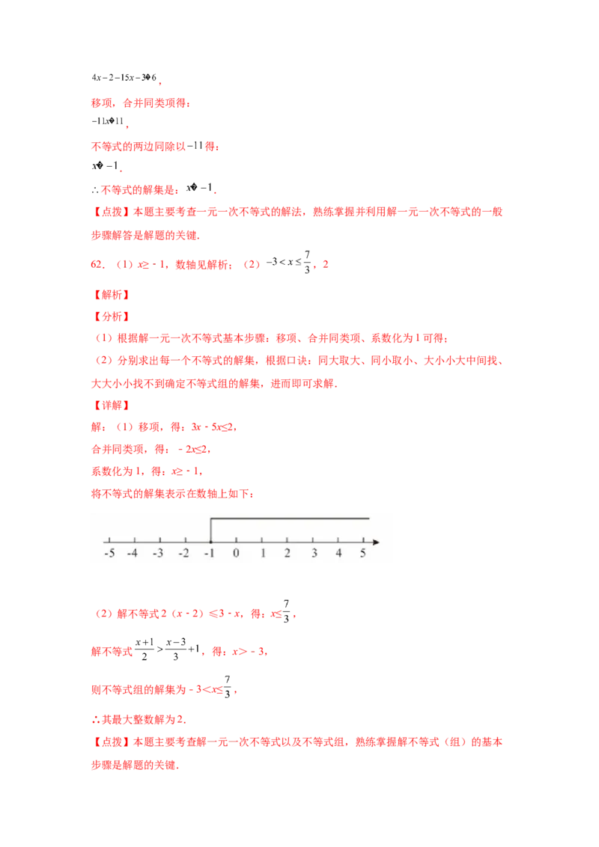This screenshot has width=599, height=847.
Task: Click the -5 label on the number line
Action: pos(109,554)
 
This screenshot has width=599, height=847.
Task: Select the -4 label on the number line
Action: pos(133,554)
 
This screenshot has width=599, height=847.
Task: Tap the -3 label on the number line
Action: pos(158,554)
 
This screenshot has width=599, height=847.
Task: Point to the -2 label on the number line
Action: pos(183,554)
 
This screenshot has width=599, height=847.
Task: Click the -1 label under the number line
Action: pos(209,554)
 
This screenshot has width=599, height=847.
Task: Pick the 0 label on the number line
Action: pos(236,554)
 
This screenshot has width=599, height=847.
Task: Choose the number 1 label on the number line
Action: pos(262,554)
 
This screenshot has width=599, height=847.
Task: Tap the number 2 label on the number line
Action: pos(288,554)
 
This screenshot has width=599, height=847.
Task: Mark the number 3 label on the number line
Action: pos(314,554)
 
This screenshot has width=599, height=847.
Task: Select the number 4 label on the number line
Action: pos(338,554)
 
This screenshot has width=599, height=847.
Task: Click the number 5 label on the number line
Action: pos(364,554)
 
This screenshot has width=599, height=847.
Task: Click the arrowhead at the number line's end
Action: pos(375,541)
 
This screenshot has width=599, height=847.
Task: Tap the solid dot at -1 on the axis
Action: pos(210,541)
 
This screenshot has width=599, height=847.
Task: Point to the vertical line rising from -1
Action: pos(210,528)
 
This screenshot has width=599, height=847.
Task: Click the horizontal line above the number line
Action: pos(292,518)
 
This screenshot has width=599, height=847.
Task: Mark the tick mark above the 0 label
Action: pos(236,539)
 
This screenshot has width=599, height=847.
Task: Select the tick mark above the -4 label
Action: pos(134,539)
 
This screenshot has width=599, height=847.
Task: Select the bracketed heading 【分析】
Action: pos(110,317)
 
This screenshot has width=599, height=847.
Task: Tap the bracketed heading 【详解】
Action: pos(110,405)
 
